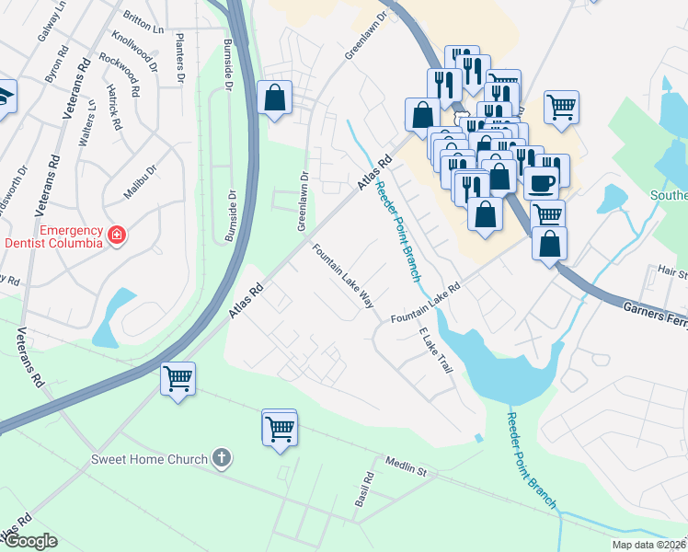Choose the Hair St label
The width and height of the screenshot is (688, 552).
click(672, 272)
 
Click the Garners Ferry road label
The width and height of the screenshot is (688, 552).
click(654, 317)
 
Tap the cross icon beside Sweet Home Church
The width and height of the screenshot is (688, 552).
click(221, 457)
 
